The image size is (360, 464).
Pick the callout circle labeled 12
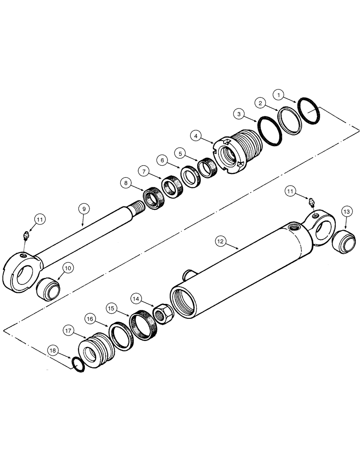[221, 241]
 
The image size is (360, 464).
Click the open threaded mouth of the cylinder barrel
[186, 301]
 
